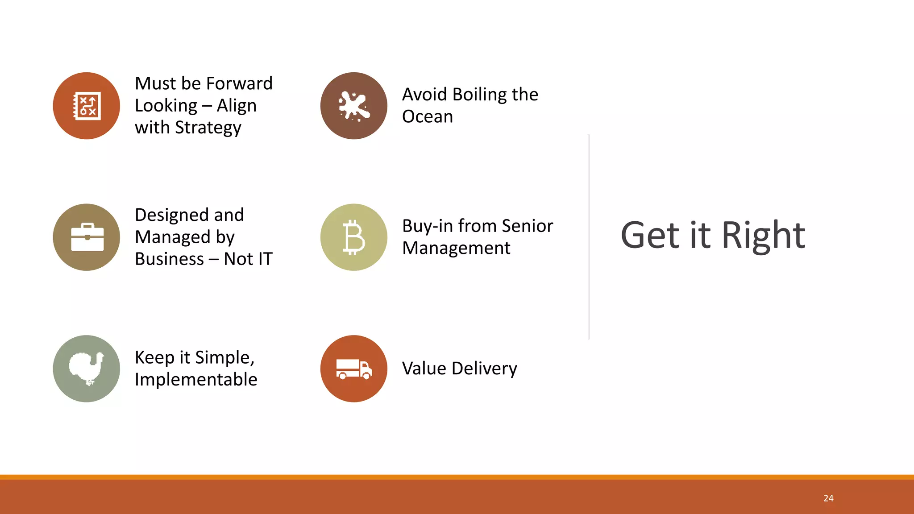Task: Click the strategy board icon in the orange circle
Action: click(x=87, y=106)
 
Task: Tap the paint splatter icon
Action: click(x=353, y=106)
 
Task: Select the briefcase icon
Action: click(x=87, y=237)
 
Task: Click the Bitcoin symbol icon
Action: click(x=353, y=237)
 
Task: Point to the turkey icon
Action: click(x=87, y=369)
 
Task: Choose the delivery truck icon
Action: click(x=353, y=369)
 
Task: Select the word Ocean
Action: click(x=427, y=116)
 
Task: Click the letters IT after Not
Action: click(x=265, y=259)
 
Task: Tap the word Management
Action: click(x=456, y=248)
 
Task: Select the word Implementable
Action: click(x=196, y=380)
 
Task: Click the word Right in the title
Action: click(x=763, y=235)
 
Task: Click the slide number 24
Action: click(x=828, y=498)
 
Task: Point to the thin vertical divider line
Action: click(x=589, y=236)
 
